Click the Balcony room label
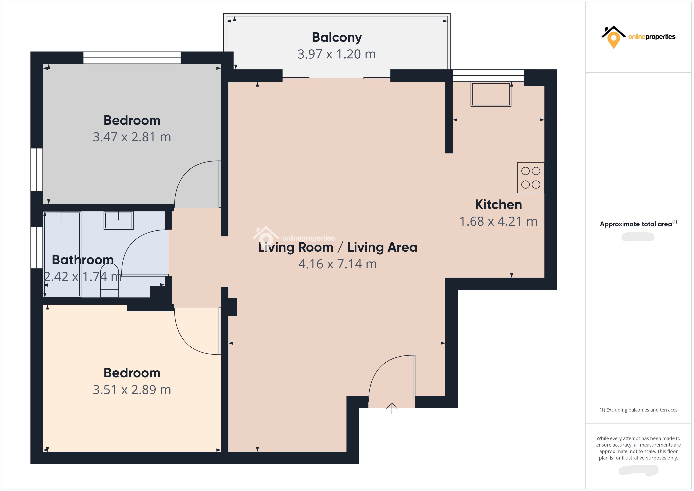tap(337, 38)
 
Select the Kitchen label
tap(498, 205)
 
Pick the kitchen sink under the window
tap(491, 94)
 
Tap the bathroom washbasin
tap(118, 220)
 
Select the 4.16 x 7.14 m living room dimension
tap(337, 264)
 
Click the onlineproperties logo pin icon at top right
tap(613, 39)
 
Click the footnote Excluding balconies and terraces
tap(638, 410)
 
